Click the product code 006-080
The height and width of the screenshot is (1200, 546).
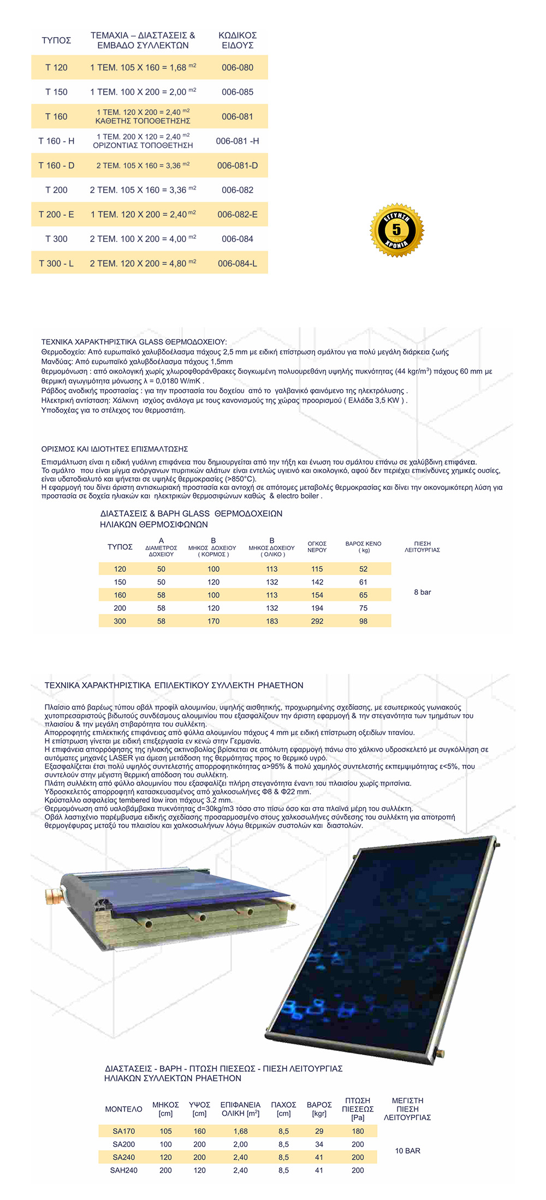pos(238,68)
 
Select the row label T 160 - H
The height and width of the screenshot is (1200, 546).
pos(56,141)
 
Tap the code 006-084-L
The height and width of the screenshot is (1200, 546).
pos(238,263)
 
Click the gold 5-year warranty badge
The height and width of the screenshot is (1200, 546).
pos(397,230)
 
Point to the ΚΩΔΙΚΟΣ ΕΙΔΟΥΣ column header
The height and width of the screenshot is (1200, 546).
pos(238,40)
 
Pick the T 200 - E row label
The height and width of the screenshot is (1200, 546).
pos(56,215)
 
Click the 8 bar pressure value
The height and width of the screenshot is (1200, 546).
pos(423,592)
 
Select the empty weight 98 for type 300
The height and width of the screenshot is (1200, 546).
pos(363,621)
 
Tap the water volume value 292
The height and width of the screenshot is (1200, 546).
pos(317,621)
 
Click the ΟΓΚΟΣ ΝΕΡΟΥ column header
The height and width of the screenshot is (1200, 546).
pos(317,547)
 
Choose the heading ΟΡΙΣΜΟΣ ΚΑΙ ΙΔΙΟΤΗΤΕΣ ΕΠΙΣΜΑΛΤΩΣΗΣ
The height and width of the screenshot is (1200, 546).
pos(115,449)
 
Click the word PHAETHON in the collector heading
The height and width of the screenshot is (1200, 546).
pos(280,685)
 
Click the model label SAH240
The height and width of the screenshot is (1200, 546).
pos(124,1171)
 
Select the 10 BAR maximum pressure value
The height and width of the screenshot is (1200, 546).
pos(408,1151)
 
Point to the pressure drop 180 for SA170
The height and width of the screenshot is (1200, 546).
pos(358,1131)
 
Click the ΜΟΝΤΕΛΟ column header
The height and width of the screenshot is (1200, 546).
pos(123,1109)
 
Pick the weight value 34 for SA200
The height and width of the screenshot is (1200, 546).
pos(319,1144)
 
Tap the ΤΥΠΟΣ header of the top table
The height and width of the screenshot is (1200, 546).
pos(56,40)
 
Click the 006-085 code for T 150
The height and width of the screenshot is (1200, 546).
pos(238,92)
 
